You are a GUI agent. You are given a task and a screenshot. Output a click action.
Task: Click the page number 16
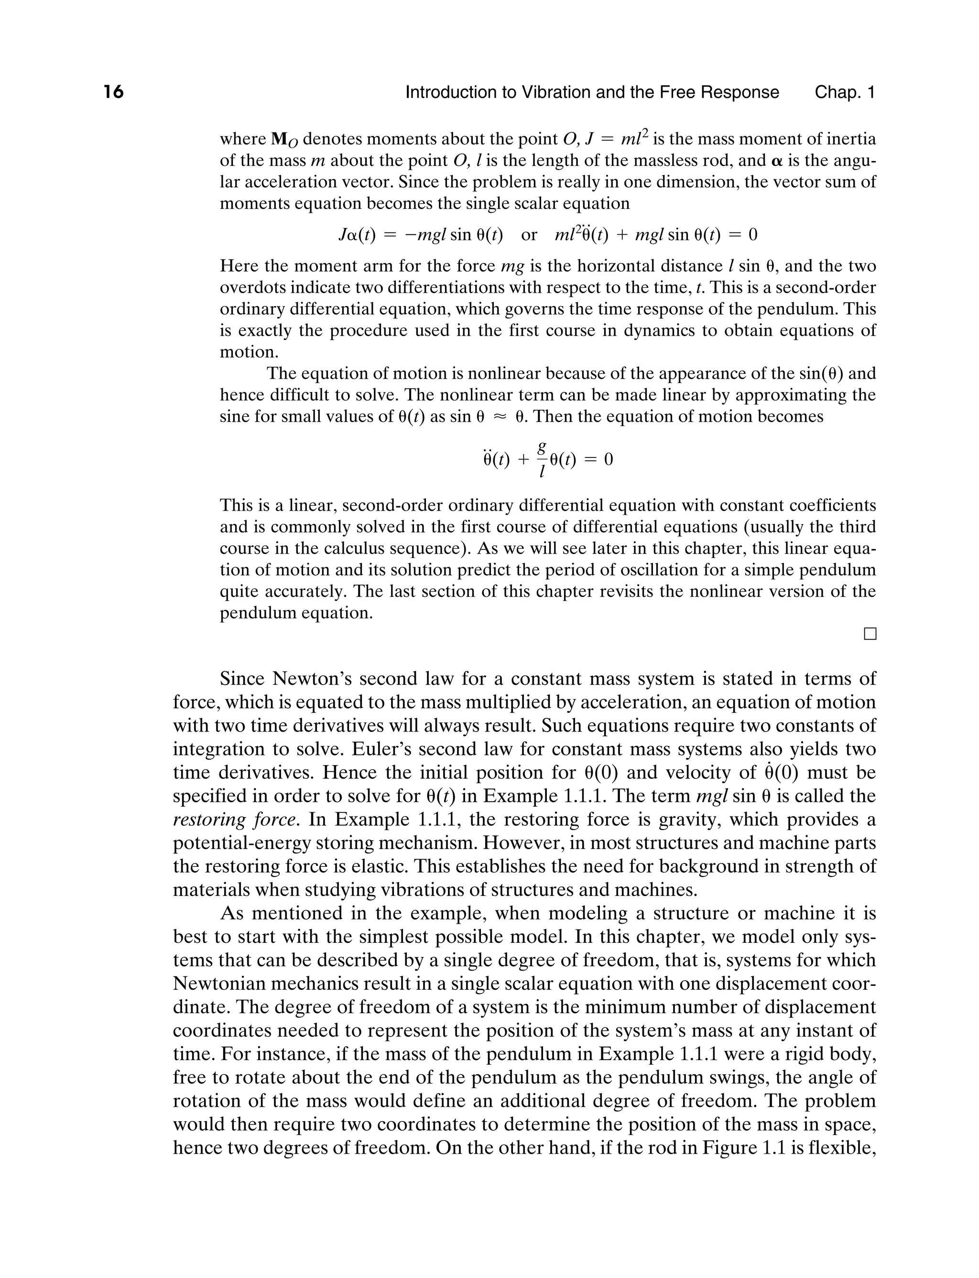click(x=114, y=92)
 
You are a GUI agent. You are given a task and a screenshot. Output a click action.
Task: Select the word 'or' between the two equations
click(x=529, y=235)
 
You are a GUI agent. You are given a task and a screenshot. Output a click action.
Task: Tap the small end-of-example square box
click(x=870, y=634)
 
